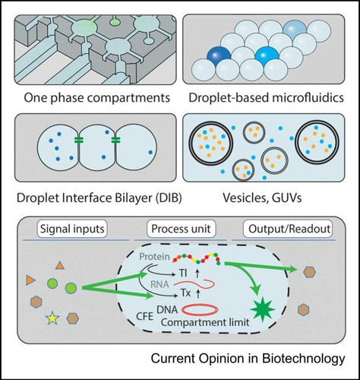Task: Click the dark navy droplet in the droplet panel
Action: click(219, 57)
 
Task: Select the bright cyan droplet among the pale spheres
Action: click(267, 57)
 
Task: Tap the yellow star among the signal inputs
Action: click(52, 318)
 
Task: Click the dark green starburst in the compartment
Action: click(262, 309)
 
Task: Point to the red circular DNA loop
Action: click(200, 309)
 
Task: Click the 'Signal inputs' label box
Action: click(72, 229)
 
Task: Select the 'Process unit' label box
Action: click(181, 229)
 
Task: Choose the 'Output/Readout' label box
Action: click(288, 229)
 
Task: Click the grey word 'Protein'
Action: click(154, 257)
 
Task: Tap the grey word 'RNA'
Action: click(159, 284)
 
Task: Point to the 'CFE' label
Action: click(145, 316)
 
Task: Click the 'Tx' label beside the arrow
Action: click(185, 293)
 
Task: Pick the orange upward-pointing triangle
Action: click(60, 266)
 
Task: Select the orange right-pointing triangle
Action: click(30, 280)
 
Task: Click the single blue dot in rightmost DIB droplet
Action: click(150, 152)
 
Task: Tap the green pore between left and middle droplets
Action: click(79, 140)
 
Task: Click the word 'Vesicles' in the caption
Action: click(242, 198)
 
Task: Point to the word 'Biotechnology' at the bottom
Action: click(304, 359)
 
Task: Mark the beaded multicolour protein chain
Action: click(197, 258)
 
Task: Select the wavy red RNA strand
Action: click(194, 283)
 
